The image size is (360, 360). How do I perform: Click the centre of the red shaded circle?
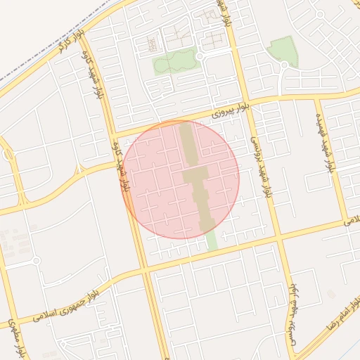181,179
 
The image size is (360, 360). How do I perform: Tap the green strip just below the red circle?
211,240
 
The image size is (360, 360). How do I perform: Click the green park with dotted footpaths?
172,63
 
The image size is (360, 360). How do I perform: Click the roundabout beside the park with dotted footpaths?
200,56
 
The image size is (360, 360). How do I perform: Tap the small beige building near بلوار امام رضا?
332,294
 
